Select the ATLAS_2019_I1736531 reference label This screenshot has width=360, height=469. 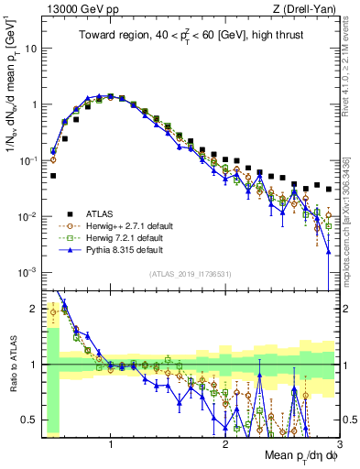pos(191,275)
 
